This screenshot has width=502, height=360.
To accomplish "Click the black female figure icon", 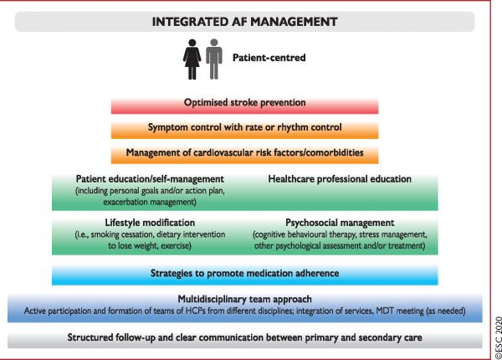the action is click(192, 59).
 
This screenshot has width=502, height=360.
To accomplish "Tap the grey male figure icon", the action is click(214, 59).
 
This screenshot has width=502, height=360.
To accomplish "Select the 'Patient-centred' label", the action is click(269, 58).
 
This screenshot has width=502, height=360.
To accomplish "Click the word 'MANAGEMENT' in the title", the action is click(294, 22).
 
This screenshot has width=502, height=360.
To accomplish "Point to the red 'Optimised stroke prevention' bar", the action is click(244, 106).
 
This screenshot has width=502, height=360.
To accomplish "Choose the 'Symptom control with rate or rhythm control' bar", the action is click(244, 131).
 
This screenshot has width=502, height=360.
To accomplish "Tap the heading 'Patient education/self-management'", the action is click(150, 178).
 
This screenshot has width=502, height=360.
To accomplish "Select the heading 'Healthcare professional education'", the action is click(340, 178).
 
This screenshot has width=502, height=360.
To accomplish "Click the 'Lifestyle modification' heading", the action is click(150, 223).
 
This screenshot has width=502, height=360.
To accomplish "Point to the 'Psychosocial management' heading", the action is click(340, 223).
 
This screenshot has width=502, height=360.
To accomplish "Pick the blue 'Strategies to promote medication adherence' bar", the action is click(244, 275).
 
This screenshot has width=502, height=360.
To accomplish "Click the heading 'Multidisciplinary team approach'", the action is click(244, 299).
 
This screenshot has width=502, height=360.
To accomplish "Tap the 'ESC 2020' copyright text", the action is click(498, 337).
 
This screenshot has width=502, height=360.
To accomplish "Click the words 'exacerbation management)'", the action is click(150, 202).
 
